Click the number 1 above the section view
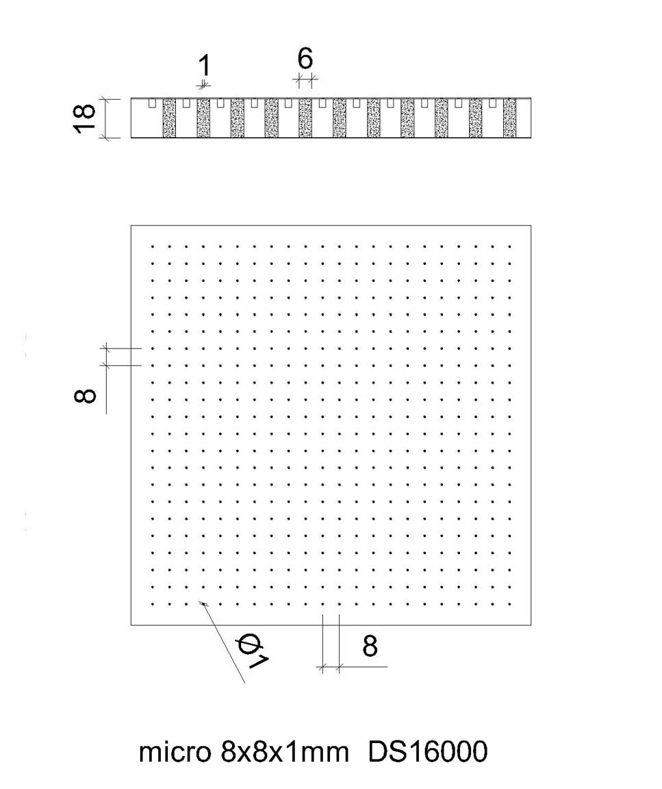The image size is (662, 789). tap(204, 66)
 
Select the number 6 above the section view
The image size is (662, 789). tap(305, 58)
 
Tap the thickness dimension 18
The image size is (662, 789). tap(84, 118)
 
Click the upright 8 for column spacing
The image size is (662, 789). tap(370, 646)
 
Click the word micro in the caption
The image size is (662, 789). tap(175, 752)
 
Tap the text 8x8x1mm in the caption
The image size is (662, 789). tap(284, 752)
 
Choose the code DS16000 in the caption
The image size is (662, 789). tap(428, 752)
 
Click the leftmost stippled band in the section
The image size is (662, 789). tap(169, 118)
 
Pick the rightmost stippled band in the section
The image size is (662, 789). tap(509, 118)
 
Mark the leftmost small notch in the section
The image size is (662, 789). tap(152, 103)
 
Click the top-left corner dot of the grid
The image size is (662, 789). tap(152, 247)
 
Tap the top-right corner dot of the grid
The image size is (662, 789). tap(510, 247)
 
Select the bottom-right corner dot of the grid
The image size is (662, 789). tap(510, 604)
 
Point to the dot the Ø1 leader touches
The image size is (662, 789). tap(203, 604)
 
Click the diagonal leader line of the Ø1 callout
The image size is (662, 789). tap(223, 642)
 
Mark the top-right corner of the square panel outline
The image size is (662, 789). tap(531, 225)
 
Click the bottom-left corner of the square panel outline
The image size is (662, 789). tap(131, 625)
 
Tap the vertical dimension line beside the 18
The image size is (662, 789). tap(106, 118)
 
